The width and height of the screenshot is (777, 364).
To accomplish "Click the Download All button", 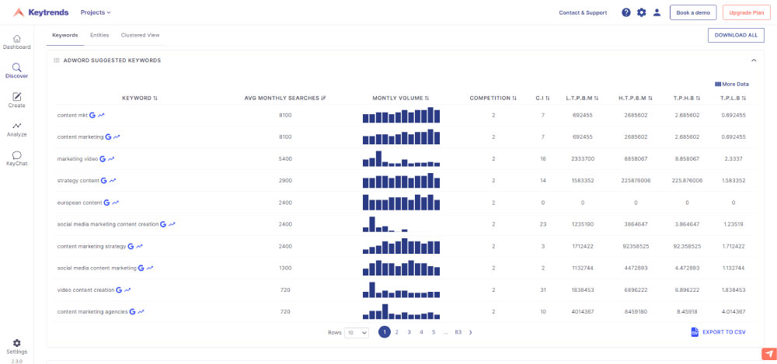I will (x=735, y=35).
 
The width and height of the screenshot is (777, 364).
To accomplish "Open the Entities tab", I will (x=99, y=35).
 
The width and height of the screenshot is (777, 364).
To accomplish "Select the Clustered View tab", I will (x=140, y=35).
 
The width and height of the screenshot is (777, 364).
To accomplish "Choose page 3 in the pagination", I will (x=409, y=332).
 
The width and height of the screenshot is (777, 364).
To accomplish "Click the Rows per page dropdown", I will (x=357, y=332).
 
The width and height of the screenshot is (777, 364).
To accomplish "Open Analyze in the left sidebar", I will (x=16, y=129).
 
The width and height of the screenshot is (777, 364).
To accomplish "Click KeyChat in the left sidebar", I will (x=16, y=158).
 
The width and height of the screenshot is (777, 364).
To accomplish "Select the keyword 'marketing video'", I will (x=77, y=158).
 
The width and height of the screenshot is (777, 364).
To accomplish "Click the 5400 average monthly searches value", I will (x=285, y=158).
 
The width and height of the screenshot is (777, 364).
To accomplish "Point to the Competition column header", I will (x=493, y=99).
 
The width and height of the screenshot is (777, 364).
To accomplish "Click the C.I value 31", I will (x=543, y=289).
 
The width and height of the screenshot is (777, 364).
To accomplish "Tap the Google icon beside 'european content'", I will (x=106, y=203).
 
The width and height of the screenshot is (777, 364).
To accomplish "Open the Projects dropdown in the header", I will (x=96, y=12).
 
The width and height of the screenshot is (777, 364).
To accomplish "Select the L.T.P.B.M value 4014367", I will (x=583, y=311).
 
